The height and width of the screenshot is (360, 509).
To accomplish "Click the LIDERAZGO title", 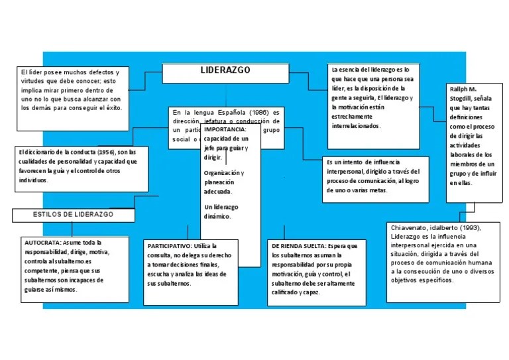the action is [222, 70].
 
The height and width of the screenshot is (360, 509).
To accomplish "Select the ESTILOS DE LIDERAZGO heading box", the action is [73, 215].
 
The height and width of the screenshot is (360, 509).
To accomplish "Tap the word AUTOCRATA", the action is [42, 243].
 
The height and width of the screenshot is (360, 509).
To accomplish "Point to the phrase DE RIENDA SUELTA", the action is [299, 246].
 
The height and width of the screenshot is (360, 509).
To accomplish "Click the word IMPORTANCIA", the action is [225, 129].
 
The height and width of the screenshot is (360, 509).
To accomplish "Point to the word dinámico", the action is [217, 216].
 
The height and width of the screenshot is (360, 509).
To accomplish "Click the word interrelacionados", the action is [356, 125].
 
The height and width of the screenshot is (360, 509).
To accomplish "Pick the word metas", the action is [376, 190].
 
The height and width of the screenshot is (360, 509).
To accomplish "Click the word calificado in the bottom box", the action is [285, 292].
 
